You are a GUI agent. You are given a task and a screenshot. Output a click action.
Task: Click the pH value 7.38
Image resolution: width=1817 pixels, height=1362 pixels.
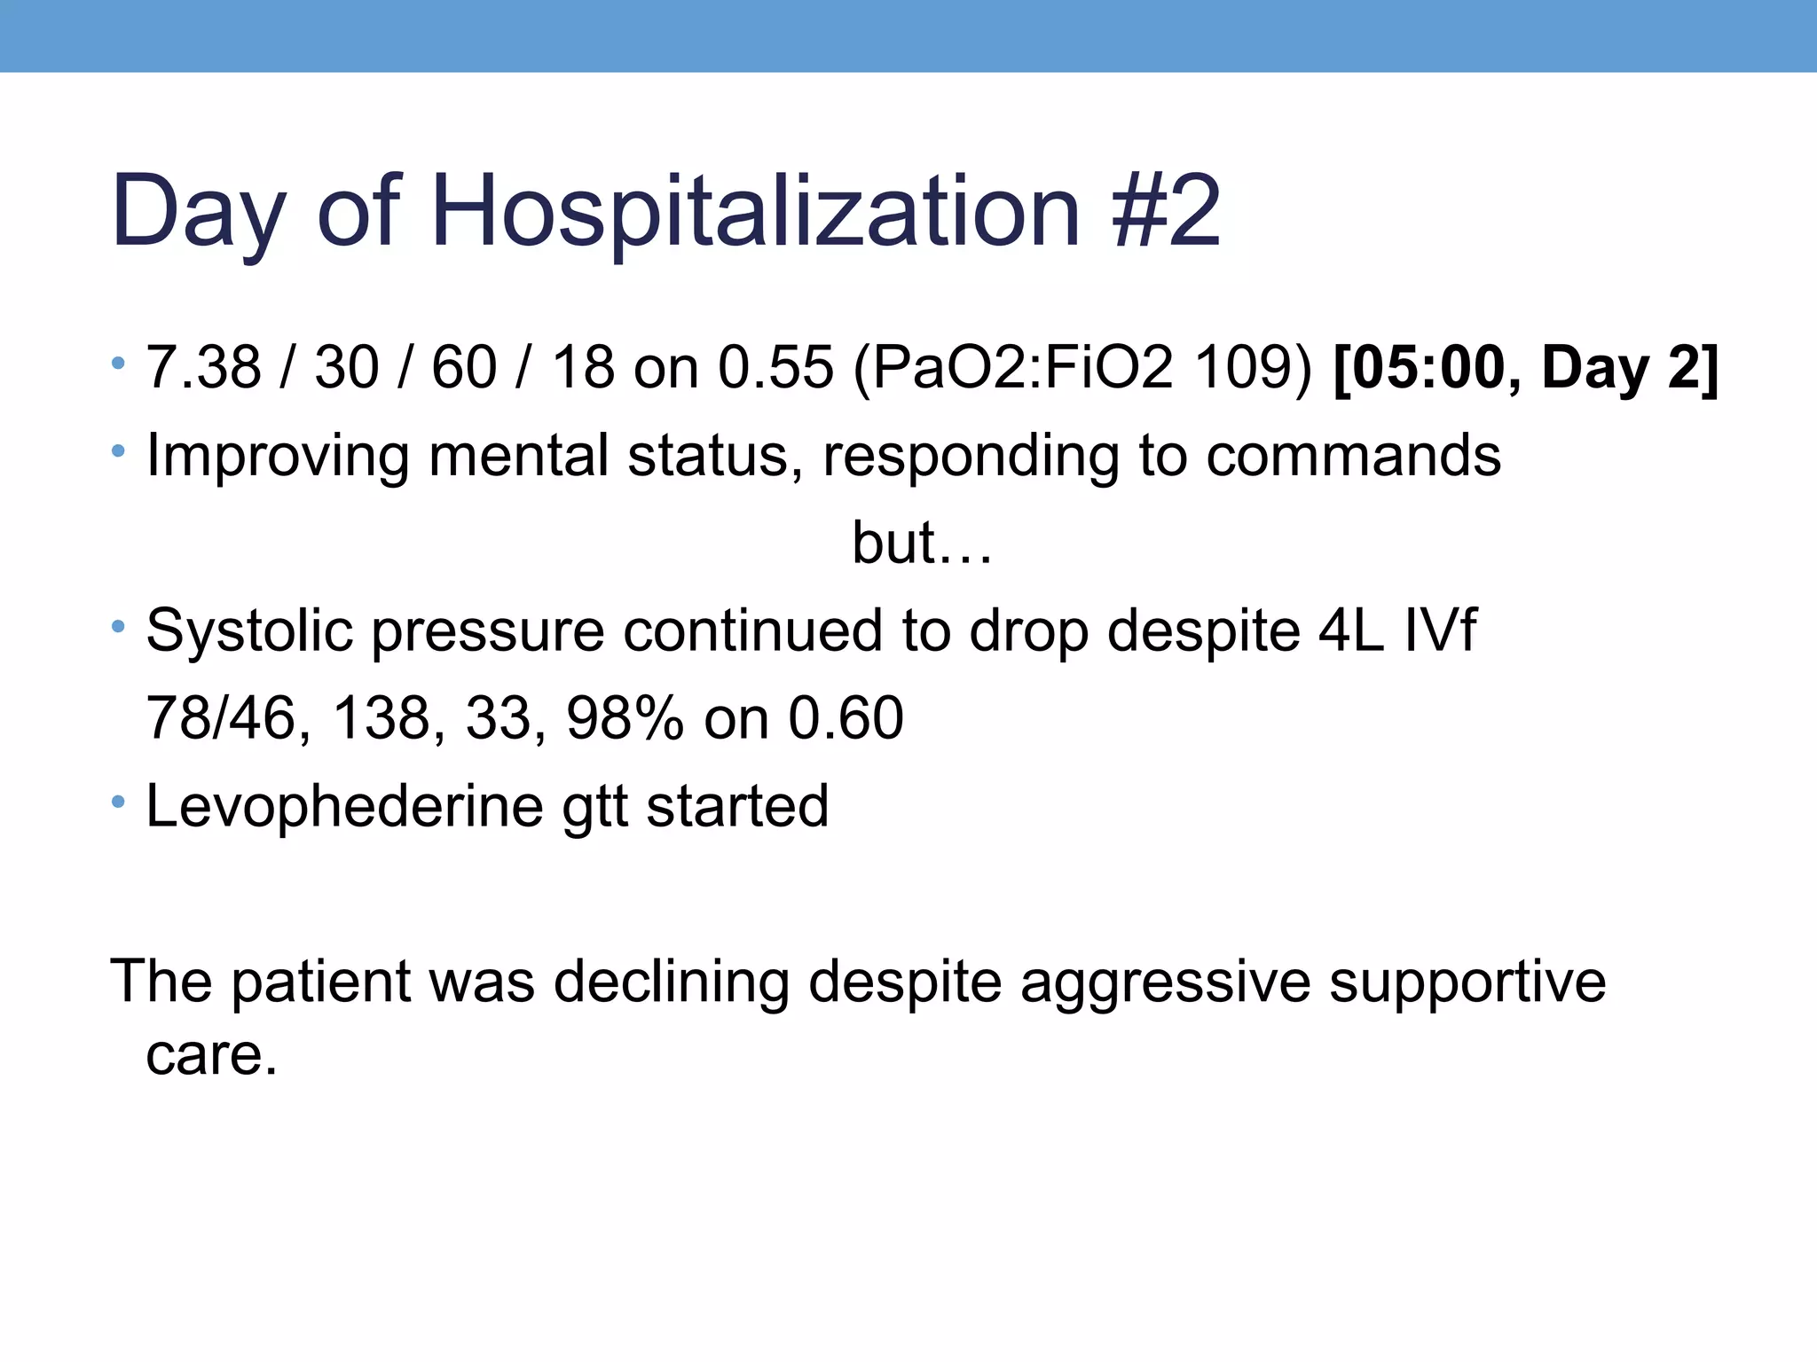click(x=203, y=367)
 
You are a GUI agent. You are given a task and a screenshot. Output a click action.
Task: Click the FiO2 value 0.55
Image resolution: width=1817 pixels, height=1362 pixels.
click(x=776, y=367)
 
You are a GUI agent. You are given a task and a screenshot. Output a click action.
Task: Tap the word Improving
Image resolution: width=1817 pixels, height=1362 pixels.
click(x=277, y=456)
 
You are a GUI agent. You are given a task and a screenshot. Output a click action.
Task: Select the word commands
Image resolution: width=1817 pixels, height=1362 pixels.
click(x=1353, y=456)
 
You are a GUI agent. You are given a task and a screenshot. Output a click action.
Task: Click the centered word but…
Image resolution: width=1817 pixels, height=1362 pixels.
click(x=921, y=543)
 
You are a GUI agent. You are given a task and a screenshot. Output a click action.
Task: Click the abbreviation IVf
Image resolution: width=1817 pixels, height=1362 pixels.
click(x=1440, y=630)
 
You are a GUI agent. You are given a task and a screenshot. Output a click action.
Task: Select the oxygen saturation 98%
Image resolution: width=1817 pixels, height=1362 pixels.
click(x=625, y=718)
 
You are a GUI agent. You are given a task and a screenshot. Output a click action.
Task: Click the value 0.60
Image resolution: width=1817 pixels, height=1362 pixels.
click(x=846, y=718)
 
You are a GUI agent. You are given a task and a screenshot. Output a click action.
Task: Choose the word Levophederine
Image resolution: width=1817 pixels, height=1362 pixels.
click(x=344, y=806)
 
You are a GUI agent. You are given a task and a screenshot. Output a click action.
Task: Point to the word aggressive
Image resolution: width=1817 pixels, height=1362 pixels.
click(x=1165, y=982)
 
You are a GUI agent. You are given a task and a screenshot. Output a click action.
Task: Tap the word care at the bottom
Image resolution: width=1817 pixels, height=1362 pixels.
click(x=211, y=1055)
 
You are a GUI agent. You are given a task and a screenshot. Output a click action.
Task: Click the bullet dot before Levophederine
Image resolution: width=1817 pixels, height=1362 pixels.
click(x=118, y=802)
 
